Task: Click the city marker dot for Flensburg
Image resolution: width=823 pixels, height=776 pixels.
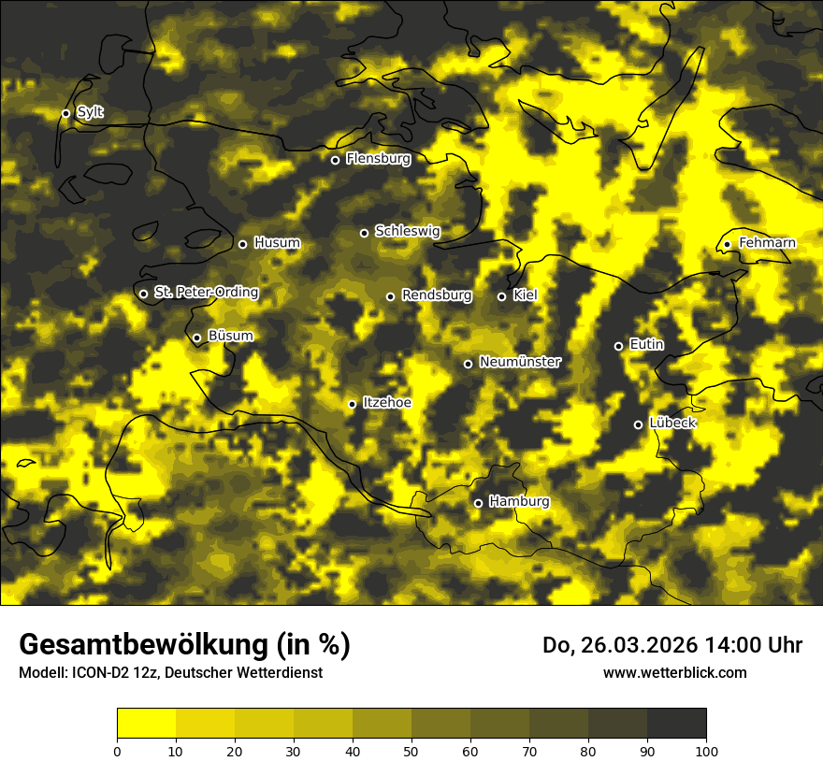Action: [x=335, y=160]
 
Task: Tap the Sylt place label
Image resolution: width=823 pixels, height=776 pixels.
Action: [x=90, y=112]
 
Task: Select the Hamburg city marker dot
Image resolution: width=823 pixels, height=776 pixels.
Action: [x=478, y=503]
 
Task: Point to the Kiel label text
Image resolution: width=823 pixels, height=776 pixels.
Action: [x=525, y=295]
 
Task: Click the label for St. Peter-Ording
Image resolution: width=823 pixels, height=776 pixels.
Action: [x=206, y=292]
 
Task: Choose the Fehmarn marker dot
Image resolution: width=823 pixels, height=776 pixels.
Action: [x=727, y=245]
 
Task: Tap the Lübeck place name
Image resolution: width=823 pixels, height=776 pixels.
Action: [x=671, y=423]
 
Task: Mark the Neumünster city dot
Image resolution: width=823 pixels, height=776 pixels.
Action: [x=468, y=364]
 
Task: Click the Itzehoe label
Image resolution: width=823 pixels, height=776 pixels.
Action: [x=387, y=403]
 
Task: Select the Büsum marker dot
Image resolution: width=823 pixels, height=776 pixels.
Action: [x=196, y=338]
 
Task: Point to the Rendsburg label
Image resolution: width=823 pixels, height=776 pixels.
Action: [x=437, y=295]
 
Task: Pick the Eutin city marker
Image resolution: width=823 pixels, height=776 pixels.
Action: [x=618, y=346]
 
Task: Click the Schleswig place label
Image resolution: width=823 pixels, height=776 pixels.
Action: [x=407, y=231]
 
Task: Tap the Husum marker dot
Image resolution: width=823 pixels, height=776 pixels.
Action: [x=242, y=244]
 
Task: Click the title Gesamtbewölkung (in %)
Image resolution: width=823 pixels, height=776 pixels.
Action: [x=184, y=645]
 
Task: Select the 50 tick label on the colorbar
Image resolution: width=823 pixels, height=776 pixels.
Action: [x=411, y=750]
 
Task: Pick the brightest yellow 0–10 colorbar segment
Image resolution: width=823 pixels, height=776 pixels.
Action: [x=147, y=723]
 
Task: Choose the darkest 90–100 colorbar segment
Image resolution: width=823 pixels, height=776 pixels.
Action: [x=676, y=723]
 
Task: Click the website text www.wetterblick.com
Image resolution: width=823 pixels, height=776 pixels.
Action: [x=674, y=672]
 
